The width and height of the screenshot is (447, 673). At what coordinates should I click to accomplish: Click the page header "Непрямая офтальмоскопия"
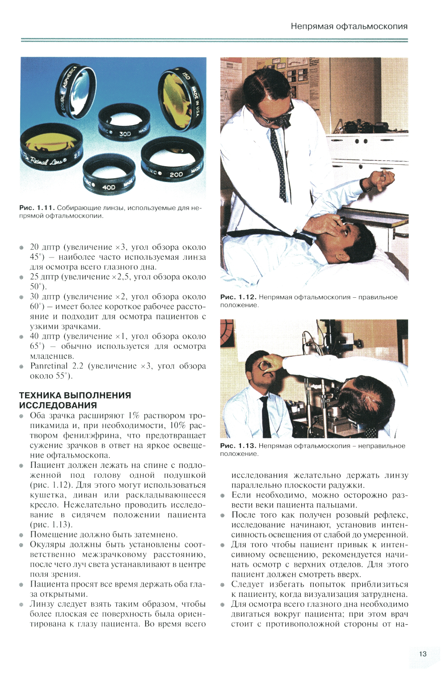(x=349, y=26)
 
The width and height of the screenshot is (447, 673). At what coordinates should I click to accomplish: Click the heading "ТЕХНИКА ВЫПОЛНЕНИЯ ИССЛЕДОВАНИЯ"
(x=75, y=400)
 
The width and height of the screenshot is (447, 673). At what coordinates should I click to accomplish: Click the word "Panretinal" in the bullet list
(x=49, y=366)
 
